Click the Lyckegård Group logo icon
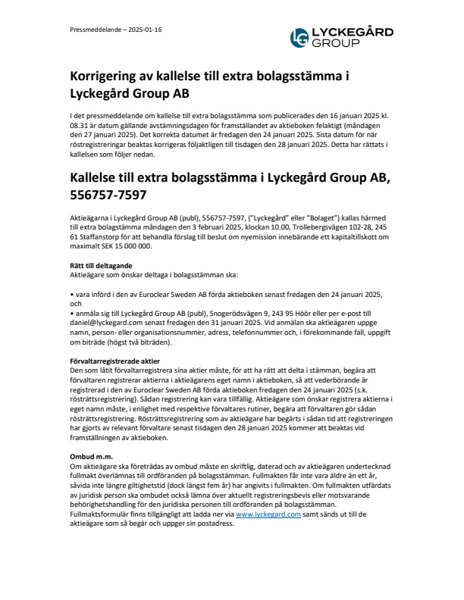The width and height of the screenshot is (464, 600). (x=300, y=38)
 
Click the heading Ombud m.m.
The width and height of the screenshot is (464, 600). (x=89, y=455)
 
